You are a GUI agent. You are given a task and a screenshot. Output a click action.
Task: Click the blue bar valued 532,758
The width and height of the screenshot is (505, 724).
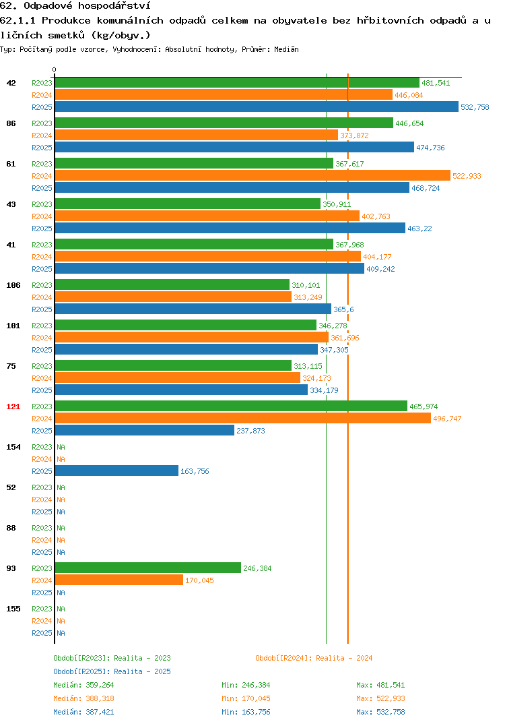[x=257, y=107]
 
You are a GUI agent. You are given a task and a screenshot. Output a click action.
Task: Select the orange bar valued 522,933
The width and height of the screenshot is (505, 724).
[x=252, y=175]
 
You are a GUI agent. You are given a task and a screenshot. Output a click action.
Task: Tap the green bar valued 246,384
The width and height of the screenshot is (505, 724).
[x=148, y=568]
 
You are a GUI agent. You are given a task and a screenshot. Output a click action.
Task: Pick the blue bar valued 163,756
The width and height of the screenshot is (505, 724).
[x=116, y=471]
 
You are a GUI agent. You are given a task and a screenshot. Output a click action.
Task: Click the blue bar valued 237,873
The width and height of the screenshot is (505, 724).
[x=145, y=430]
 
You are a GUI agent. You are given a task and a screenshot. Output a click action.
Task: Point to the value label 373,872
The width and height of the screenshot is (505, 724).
[x=354, y=135]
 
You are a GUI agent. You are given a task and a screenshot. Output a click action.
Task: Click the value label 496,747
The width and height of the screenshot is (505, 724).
[x=447, y=419]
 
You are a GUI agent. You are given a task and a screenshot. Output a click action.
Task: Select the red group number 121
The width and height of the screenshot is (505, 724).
[x=13, y=406]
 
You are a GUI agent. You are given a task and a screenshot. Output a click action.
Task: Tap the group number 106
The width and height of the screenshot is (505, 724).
[x=13, y=285]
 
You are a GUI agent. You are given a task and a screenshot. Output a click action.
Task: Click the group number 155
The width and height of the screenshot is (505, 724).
[x=13, y=609]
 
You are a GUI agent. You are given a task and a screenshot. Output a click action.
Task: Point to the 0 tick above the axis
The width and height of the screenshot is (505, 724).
[x=55, y=69]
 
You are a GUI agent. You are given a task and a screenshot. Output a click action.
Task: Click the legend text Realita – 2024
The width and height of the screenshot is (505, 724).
[x=344, y=658]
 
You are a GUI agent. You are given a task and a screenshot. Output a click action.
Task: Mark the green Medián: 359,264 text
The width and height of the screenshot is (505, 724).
[x=83, y=685]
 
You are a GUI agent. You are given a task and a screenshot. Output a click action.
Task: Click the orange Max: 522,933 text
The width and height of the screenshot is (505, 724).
[x=380, y=698]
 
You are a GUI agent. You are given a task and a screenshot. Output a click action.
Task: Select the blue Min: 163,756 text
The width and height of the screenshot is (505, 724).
[x=246, y=712]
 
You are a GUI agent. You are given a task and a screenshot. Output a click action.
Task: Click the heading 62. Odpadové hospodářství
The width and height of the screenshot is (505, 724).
[x=75, y=5]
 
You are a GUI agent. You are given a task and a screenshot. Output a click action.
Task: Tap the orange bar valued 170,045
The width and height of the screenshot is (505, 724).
[x=119, y=580]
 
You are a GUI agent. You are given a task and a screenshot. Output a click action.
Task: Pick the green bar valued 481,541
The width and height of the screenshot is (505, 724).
[x=238, y=83]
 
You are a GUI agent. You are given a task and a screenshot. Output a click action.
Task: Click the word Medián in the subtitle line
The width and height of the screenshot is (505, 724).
[x=286, y=49]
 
